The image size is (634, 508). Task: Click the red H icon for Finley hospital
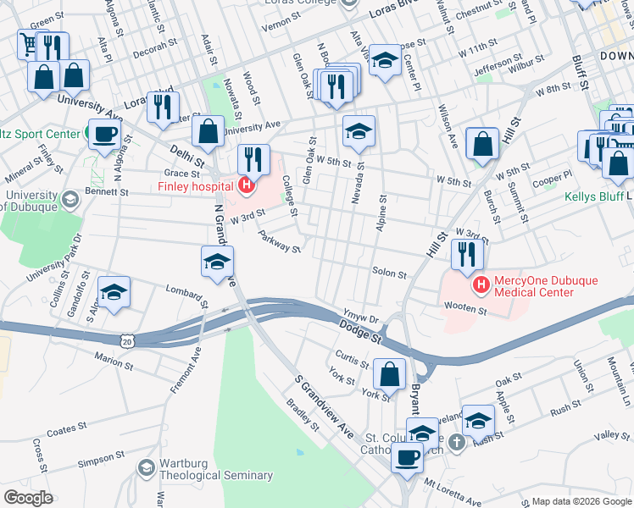pyautogui.click(x=246, y=185)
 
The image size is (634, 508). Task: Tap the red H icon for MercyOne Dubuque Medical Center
pyautogui.click(x=481, y=284)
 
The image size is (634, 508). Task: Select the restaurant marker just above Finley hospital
pyautogui.click(x=253, y=159)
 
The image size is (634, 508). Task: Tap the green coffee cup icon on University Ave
pyautogui.click(x=104, y=134)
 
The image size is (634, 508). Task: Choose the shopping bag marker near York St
pyautogui.click(x=389, y=374)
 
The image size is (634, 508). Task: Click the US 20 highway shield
pyautogui.click(x=127, y=340)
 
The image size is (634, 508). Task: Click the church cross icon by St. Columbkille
pyautogui.click(x=456, y=441)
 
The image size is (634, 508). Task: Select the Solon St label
pyautogui.click(x=390, y=273)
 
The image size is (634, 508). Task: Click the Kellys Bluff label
pyautogui.click(x=592, y=197)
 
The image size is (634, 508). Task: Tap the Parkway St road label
pyautogui.click(x=280, y=243)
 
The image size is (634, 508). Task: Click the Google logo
pyautogui.click(x=28, y=497)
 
